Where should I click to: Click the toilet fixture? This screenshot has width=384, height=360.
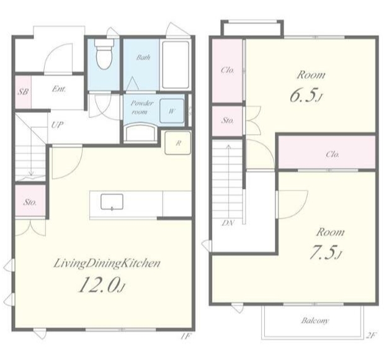[x=104, y=54]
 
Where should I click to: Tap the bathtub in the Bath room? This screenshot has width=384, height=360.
[x=176, y=65]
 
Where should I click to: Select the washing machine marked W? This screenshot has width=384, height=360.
[x=172, y=111]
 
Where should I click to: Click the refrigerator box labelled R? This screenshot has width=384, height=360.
[x=178, y=143]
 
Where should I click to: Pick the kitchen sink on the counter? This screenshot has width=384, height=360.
[x=112, y=202]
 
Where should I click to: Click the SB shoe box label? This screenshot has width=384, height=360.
[x=23, y=92]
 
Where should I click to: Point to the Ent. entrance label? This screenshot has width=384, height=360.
[x=59, y=89]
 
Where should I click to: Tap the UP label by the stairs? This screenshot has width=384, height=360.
[x=57, y=125]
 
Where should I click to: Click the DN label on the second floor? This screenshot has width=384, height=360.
[x=228, y=223]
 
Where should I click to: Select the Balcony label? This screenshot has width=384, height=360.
[x=315, y=320]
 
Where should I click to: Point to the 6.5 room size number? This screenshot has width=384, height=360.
[x=305, y=95]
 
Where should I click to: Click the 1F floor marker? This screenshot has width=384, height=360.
[x=185, y=336]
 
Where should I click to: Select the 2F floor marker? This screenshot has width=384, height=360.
[x=370, y=336]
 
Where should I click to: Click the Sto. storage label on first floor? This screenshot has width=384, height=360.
[x=30, y=202]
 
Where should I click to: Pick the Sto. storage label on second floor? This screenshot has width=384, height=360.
[x=228, y=120]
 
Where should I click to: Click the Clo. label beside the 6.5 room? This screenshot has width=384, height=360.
[x=228, y=71]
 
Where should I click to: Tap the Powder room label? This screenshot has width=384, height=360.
[x=141, y=107]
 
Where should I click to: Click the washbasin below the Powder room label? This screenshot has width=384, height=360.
[x=140, y=133]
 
